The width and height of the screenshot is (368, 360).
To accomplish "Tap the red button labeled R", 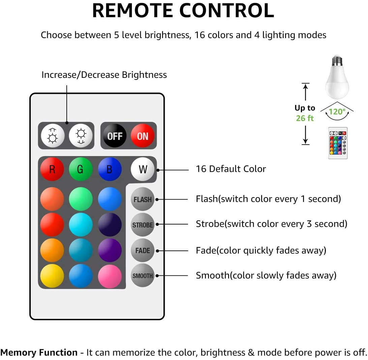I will (52, 169).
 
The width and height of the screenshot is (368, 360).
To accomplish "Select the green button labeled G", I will (81, 169).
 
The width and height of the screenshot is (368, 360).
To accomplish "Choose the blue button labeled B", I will (110, 169).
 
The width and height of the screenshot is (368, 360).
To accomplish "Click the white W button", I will (143, 169).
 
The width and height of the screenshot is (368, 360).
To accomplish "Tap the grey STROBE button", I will (143, 225).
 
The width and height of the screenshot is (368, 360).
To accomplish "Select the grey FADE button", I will (143, 250).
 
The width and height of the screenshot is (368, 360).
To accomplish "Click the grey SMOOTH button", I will (143, 276).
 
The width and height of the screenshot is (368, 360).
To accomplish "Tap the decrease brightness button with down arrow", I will (81, 136).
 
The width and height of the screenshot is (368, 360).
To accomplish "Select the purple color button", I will (110, 250).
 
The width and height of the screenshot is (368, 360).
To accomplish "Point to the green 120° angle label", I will (337, 112).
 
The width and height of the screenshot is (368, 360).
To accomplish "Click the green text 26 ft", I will (305, 118).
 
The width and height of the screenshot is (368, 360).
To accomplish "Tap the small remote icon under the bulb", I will (338, 143).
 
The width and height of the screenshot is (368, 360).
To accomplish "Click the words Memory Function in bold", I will (39, 353).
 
